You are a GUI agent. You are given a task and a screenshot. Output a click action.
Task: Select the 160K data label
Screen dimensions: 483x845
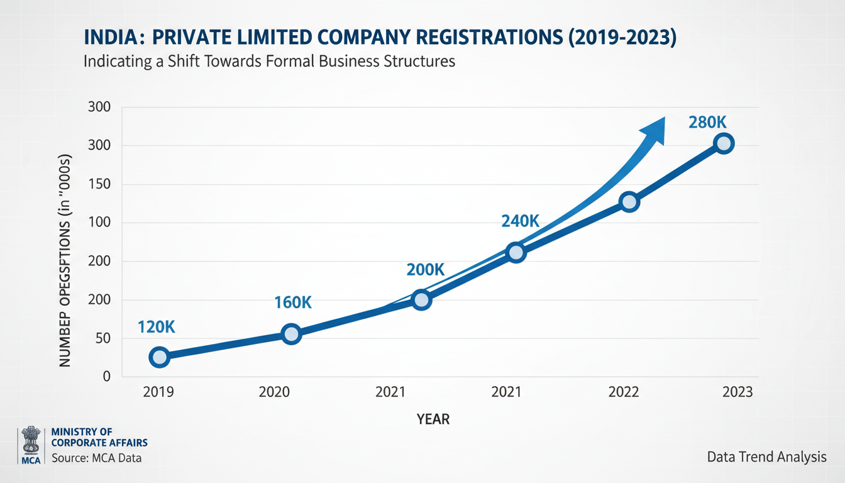click(x=293, y=303)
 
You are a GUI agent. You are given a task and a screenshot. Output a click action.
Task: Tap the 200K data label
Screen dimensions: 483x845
click(x=426, y=270)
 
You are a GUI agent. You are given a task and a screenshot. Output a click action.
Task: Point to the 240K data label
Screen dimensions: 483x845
click(x=520, y=221)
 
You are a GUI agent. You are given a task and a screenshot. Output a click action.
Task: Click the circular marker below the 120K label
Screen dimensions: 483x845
click(x=160, y=357)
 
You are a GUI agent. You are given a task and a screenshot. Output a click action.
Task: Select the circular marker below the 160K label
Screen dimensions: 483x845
click(x=291, y=334)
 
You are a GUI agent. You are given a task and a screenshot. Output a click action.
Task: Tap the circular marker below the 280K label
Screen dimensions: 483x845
click(x=724, y=144)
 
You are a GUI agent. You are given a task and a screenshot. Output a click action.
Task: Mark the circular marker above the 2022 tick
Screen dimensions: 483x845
click(x=629, y=202)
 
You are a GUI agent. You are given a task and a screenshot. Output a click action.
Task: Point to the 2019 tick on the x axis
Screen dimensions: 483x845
click(x=158, y=392)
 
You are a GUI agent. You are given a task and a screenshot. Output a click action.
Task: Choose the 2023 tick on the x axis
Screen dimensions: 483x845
click(x=737, y=392)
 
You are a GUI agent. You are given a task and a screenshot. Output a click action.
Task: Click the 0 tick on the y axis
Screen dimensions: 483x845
click(x=106, y=377)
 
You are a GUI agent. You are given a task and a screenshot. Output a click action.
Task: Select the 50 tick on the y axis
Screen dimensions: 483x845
click(x=102, y=338)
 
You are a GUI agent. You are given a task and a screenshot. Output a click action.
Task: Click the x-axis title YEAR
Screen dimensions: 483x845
click(x=433, y=419)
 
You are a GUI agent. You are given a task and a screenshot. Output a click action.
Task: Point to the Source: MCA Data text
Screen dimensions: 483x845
click(x=97, y=458)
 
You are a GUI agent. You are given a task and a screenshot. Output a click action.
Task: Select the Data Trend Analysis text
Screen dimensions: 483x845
click(x=766, y=457)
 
